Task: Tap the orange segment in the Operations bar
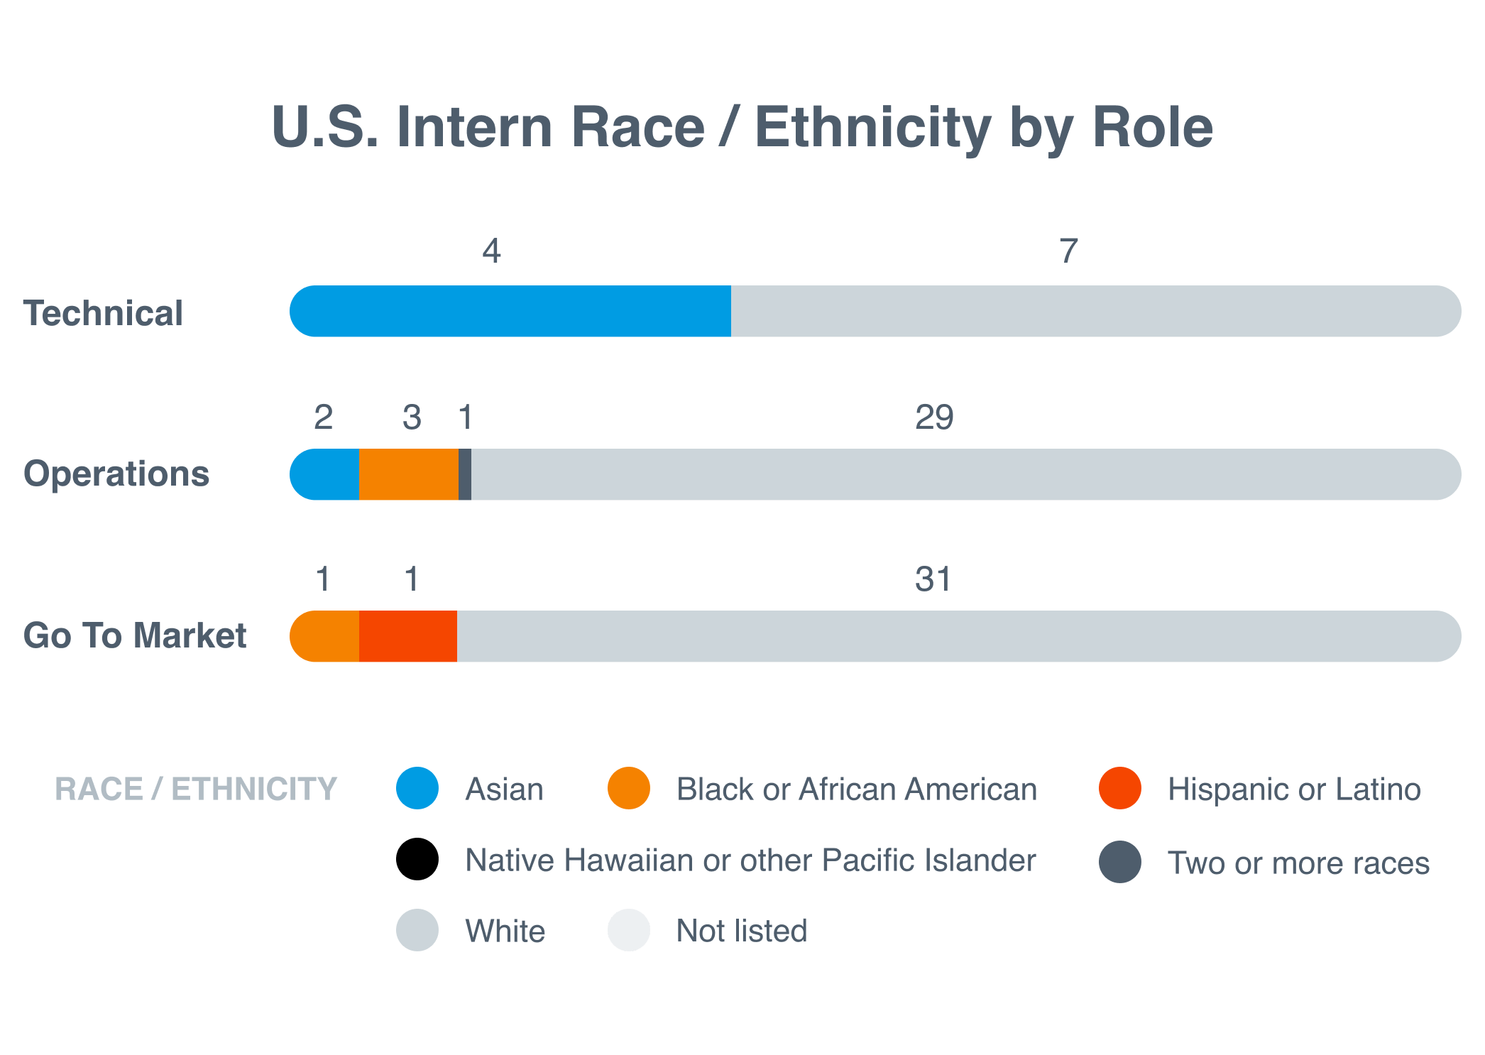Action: (x=409, y=474)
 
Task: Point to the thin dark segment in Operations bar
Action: (x=465, y=474)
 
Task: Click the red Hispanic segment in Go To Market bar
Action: (x=408, y=636)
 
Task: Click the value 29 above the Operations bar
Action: (x=934, y=417)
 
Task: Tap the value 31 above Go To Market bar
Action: (x=933, y=579)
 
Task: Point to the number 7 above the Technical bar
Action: (x=1068, y=251)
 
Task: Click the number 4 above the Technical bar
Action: (x=491, y=251)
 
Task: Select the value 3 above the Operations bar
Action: (x=412, y=417)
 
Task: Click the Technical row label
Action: (x=103, y=313)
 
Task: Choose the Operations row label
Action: (x=116, y=474)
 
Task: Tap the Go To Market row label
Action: (x=135, y=635)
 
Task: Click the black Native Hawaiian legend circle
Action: (x=417, y=859)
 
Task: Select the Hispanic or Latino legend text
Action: (x=1294, y=789)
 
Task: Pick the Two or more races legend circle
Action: (x=1119, y=862)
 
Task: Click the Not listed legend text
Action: (x=742, y=931)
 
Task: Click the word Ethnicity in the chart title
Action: (x=873, y=128)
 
